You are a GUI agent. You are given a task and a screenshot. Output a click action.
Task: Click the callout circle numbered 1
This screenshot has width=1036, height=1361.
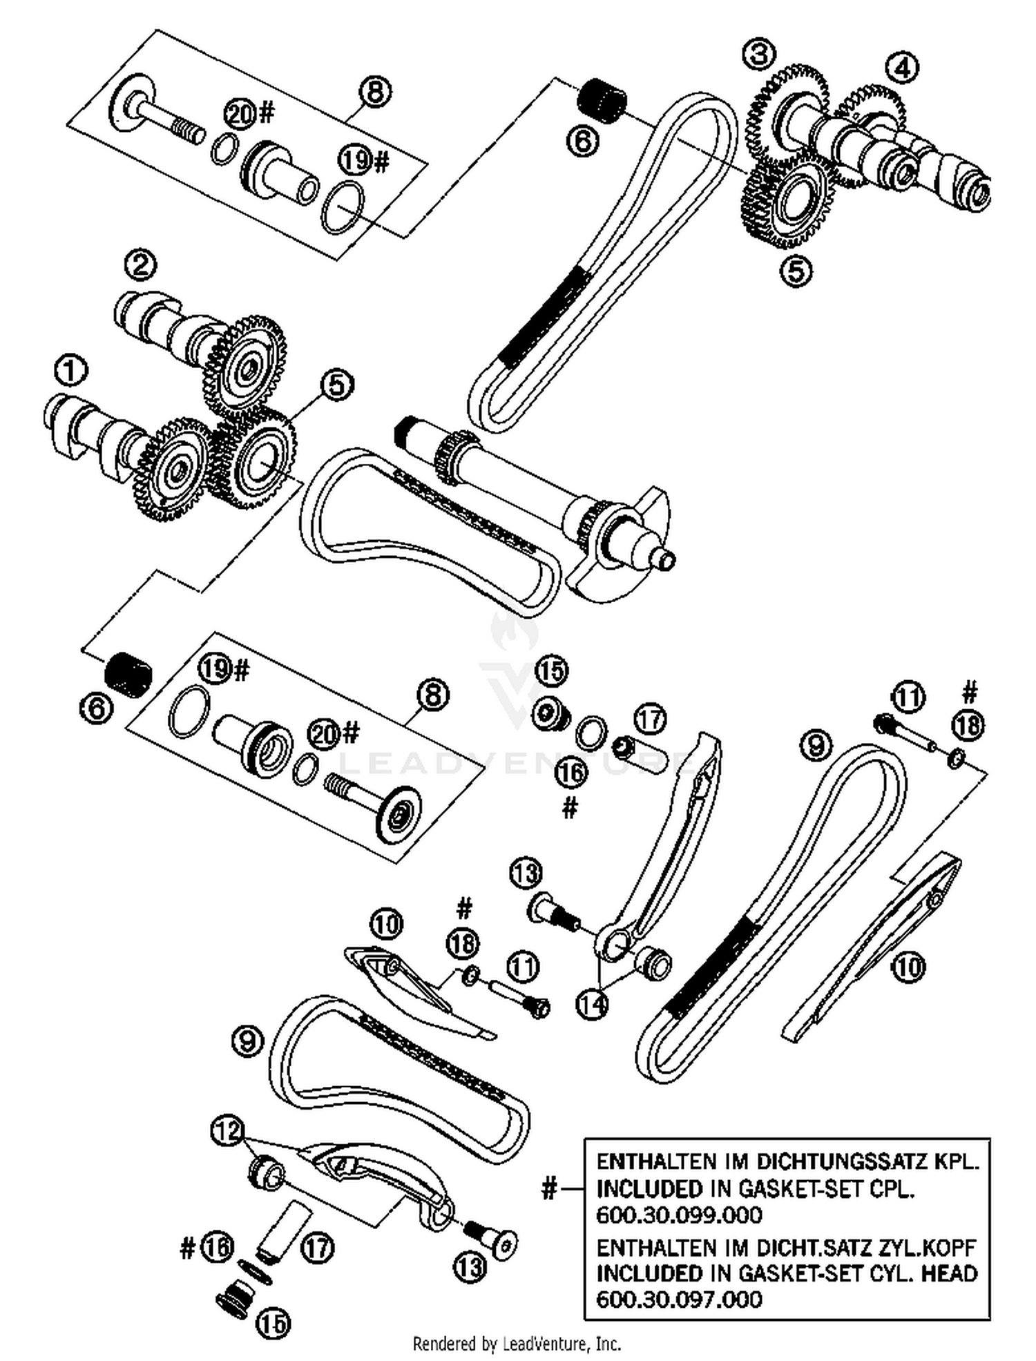pyautogui.click(x=70, y=371)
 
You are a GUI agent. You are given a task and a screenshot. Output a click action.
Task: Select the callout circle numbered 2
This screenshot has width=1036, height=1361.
pyautogui.click(x=141, y=264)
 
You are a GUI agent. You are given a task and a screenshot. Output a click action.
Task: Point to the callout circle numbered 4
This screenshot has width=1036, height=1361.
pyautogui.click(x=903, y=68)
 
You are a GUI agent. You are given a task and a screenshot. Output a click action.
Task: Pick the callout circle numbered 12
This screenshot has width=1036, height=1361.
pyautogui.click(x=228, y=1130)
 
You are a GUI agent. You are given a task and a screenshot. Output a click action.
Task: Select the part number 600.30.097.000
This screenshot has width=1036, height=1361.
pyautogui.click(x=679, y=1299)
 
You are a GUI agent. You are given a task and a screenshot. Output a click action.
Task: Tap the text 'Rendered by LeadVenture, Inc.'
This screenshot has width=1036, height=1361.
pyautogui.click(x=517, y=1344)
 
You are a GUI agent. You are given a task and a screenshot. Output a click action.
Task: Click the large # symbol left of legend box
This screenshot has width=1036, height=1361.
pyautogui.click(x=548, y=1188)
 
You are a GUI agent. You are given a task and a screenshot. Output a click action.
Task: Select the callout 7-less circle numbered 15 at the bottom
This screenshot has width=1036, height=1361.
pyautogui.click(x=273, y=1322)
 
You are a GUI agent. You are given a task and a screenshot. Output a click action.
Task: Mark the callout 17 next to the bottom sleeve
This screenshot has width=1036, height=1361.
pyautogui.click(x=318, y=1248)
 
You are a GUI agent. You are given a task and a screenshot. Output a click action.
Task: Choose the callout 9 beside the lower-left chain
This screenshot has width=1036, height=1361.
pyautogui.click(x=248, y=1041)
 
